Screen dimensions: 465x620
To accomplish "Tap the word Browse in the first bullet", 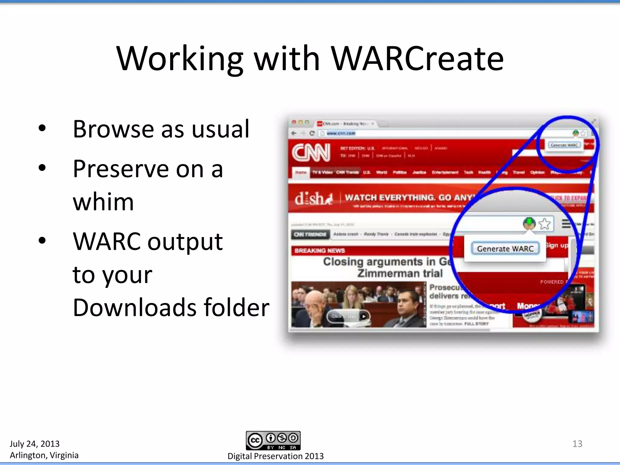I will [113, 129].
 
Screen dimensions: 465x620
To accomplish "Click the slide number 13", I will [577, 444].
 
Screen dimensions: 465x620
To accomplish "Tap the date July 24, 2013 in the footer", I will [35, 444].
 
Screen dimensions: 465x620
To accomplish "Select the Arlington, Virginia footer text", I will [44, 455].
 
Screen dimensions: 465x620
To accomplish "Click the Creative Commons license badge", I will [273, 440].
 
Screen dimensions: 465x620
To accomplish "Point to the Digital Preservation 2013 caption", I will [275, 456].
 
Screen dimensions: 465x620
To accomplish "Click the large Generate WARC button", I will [505, 249].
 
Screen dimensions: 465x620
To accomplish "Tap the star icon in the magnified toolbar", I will [545, 224].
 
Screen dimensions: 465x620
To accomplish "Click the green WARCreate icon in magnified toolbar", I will [529, 223].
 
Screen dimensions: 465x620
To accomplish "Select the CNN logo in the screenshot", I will [311, 153].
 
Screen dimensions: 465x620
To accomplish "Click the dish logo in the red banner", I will [314, 199].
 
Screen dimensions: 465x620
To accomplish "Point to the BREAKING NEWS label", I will [320, 251].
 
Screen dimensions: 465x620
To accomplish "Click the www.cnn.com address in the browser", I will [341, 133].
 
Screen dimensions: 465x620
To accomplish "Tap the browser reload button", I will [312, 133].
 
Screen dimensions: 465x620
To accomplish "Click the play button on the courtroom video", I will [364, 316].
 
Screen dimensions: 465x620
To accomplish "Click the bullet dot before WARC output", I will [42, 241].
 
